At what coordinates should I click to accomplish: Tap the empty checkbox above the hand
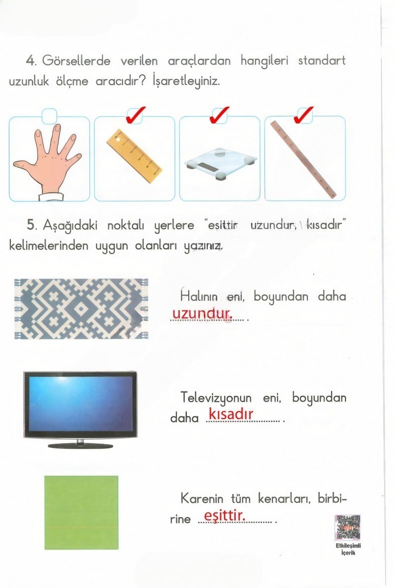coord(49,116)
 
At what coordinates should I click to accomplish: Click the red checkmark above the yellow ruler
coord(135,114)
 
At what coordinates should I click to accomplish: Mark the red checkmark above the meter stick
coord(304,114)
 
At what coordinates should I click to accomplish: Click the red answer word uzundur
coord(201,314)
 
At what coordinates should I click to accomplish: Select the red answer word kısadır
coord(231,414)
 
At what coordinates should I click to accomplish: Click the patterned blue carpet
coord(81,308)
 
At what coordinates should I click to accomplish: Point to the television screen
coord(80,403)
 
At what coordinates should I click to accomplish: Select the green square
coord(81,512)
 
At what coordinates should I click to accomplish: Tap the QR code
coord(348,528)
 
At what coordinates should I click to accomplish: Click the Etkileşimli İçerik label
coord(348,549)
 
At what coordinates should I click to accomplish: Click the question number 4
coord(31,61)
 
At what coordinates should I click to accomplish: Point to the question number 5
coord(32,225)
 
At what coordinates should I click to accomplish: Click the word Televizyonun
coord(217,398)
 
